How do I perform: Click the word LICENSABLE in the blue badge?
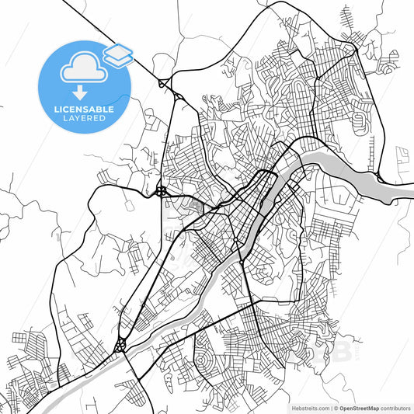(85, 110)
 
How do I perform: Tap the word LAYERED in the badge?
(85, 120)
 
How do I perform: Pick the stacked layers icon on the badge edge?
(118, 54)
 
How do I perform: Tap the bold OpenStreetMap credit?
(358, 408)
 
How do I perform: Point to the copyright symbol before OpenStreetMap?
(335, 408)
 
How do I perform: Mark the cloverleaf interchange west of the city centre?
(161, 190)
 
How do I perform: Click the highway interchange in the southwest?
(121, 344)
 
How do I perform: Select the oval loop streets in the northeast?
(360, 119)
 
